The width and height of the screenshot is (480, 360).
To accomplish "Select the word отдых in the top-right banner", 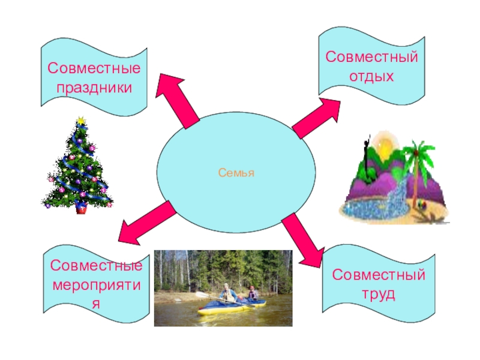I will [x=371, y=77].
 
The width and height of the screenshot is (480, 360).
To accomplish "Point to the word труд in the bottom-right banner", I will [x=379, y=295].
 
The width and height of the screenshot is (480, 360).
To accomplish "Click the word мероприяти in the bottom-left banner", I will [x=96, y=284].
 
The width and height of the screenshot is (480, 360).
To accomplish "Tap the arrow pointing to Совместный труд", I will [x=302, y=241].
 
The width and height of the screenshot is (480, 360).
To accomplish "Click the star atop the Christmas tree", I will [x=79, y=121].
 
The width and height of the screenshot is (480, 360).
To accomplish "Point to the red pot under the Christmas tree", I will [x=80, y=208].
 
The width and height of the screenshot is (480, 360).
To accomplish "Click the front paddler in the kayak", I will [x=226, y=292].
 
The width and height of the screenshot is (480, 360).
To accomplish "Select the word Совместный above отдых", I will [x=371, y=58].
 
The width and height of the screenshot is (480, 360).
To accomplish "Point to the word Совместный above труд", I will [x=379, y=275].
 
